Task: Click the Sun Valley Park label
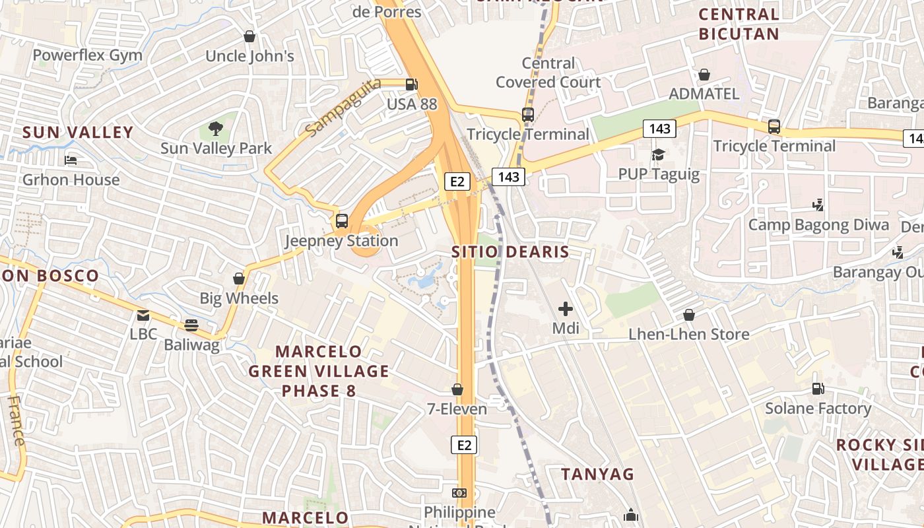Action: click(x=216, y=148)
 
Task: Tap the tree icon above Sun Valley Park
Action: click(x=215, y=128)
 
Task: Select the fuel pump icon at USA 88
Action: click(x=411, y=84)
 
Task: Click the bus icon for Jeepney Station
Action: click(x=341, y=221)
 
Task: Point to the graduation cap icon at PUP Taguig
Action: click(x=658, y=154)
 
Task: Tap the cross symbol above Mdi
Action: click(x=566, y=308)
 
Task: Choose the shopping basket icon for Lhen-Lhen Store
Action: click(x=689, y=315)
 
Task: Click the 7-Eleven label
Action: click(x=457, y=409)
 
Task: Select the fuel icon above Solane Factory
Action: click(x=818, y=389)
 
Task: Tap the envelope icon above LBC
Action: click(x=143, y=315)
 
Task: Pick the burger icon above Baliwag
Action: click(x=191, y=325)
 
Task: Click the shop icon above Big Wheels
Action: click(x=239, y=279)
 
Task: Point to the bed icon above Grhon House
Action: click(x=71, y=160)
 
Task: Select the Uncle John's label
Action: click(x=249, y=56)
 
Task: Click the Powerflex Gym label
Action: click(x=87, y=55)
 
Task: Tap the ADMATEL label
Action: click(x=704, y=94)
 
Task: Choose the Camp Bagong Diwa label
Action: click(x=818, y=225)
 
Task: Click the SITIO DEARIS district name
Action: click(x=510, y=252)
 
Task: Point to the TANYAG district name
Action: click(x=597, y=474)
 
